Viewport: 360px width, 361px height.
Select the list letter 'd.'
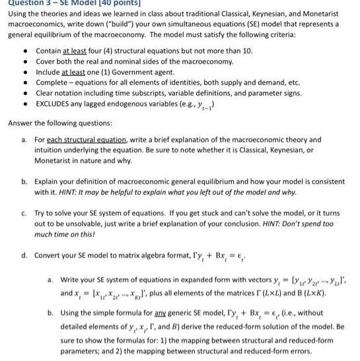tap(24, 255)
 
